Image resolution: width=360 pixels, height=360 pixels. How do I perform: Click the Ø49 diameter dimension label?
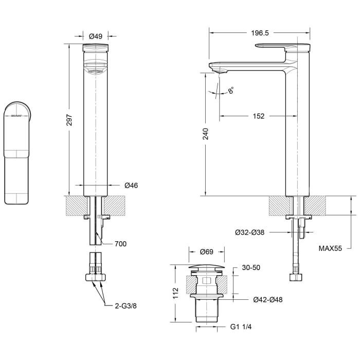coord(96,37)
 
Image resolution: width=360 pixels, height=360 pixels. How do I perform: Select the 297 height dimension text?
coord(69,120)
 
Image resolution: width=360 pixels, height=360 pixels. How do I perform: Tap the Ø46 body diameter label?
coord(131,185)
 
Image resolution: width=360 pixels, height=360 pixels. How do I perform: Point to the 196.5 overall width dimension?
coord(260,33)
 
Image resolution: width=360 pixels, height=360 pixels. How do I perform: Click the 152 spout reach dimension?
coord(259,116)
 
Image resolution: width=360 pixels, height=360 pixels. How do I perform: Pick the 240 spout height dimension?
coord(206,134)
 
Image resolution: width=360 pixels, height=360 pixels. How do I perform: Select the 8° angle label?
coord(231,90)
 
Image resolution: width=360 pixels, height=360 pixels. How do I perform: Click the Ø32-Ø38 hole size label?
coord(249,232)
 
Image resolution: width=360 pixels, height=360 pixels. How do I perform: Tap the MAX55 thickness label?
coord(330,248)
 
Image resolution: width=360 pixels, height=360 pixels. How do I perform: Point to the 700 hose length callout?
coord(120,244)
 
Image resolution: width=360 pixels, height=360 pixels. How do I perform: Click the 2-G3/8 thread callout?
coord(125,306)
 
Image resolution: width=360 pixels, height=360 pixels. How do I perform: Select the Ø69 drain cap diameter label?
coord(207,252)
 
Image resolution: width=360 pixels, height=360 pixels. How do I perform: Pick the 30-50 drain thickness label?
coord(251,267)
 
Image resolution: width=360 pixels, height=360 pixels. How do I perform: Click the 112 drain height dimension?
coord(175,293)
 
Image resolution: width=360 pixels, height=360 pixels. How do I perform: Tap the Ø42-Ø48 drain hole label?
coord(268,300)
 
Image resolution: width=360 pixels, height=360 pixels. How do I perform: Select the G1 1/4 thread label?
coord(241,327)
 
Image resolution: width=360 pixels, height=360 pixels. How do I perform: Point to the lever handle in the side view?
coord(283,46)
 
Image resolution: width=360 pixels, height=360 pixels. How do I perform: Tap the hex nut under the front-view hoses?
coord(96,277)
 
